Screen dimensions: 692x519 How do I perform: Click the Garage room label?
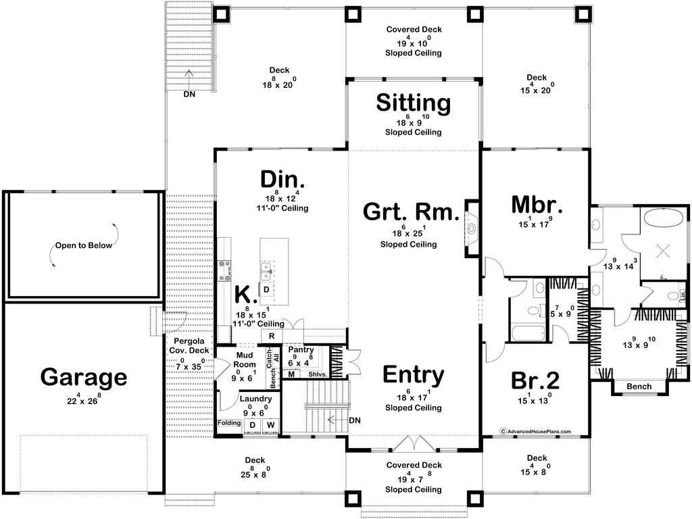pyautogui.click(x=84, y=377)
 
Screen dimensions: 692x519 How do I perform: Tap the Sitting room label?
pyautogui.click(x=414, y=103)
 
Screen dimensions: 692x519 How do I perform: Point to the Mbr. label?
pyautogui.click(x=537, y=205)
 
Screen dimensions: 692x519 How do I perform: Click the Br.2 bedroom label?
pyautogui.click(x=535, y=380)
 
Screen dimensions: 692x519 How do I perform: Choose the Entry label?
pyautogui.click(x=414, y=375)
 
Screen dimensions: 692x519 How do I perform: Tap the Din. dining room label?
pyautogui.click(x=282, y=179)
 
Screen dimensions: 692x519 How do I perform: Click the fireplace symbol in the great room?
pyautogui.click(x=472, y=228)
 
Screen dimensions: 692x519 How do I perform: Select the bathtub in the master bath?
pyautogui.click(x=663, y=218)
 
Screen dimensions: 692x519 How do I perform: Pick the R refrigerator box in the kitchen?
pyautogui.click(x=272, y=336)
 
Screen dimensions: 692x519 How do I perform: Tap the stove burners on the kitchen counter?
pyautogui.click(x=224, y=270)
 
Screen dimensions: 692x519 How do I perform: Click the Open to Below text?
pyautogui.click(x=83, y=245)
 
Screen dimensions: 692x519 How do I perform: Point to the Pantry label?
pyautogui.click(x=301, y=349)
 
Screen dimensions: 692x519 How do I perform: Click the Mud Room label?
pyautogui.click(x=245, y=360)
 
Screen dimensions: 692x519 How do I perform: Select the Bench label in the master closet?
pyautogui.click(x=639, y=387)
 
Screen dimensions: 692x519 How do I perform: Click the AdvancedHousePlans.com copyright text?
pyautogui.click(x=535, y=432)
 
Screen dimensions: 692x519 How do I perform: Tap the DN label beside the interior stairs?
pyautogui.click(x=355, y=420)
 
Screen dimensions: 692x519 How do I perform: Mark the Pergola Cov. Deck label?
pyautogui.click(x=189, y=345)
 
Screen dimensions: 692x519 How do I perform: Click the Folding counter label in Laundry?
pyautogui.click(x=229, y=423)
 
